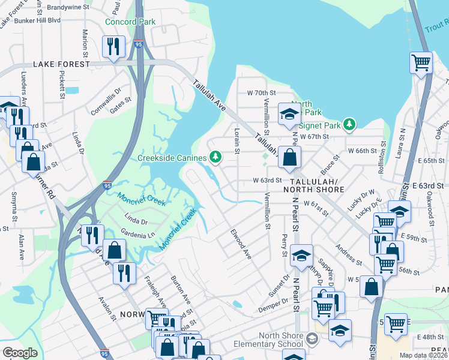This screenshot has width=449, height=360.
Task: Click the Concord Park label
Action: tap(130, 22)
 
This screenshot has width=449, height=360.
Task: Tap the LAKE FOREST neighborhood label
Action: tap(61, 64)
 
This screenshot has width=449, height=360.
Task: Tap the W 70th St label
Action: tap(261, 93)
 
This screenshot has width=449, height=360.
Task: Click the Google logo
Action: tap(20, 353)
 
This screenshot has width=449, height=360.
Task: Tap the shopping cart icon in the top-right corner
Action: tap(421, 62)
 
